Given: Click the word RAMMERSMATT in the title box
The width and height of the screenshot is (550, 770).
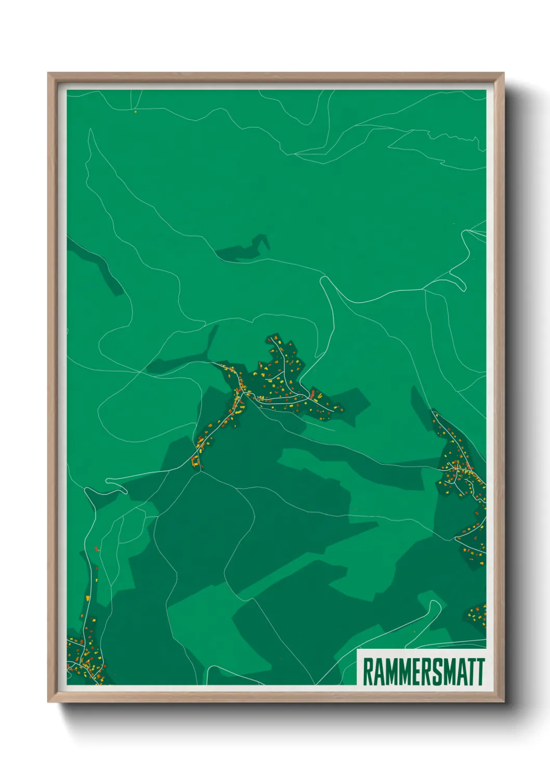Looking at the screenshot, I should tap(423, 672).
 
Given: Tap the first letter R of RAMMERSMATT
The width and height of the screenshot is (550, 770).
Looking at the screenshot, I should tap(367, 672).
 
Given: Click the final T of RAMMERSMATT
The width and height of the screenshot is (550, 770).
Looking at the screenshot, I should tap(480, 672).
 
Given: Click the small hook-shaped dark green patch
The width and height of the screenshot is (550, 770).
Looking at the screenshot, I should tap(244, 250).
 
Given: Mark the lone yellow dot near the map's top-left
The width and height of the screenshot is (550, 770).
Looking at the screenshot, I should tap(135, 111).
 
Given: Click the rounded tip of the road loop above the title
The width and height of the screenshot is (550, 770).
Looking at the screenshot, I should tap(436, 605).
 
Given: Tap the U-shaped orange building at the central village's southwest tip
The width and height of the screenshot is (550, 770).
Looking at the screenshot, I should tap(195, 461).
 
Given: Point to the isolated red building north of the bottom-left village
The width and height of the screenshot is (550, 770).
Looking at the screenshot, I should tap(96, 548).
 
